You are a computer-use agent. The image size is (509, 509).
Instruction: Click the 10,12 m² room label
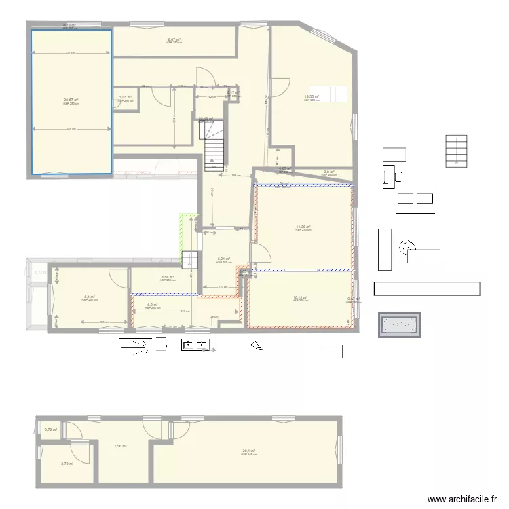(x=300, y=297)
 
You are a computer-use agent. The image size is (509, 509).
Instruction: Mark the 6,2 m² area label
(x=153, y=305)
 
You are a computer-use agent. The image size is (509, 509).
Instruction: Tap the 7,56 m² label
(x=120, y=446)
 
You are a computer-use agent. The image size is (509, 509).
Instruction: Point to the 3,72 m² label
(x=66, y=464)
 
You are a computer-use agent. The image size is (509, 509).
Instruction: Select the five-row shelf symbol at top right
(x=456, y=151)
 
